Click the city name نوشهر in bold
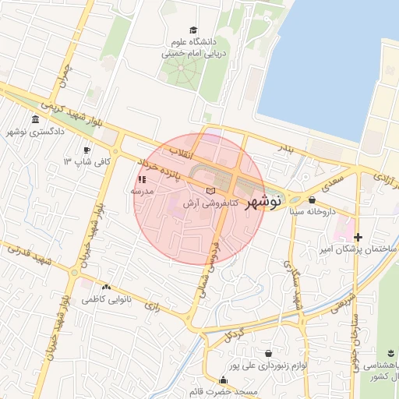pyautogui.click(x=263, y=203)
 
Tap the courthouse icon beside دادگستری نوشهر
pyautogui.click(x=36, y=119)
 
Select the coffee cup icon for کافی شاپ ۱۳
pyautogui.click(x=87, y=150)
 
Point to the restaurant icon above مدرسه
pyautogui.click(x=142, y=178)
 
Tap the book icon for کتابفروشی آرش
pyautogui.click(x=209, y=191)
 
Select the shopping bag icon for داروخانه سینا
pyautogui.click(x=312, y=199)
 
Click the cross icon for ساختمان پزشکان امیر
pyautogui.click(x=358, y=237)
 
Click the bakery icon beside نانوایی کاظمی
pyautogui.click(x=106, y=287)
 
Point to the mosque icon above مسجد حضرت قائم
pyautogui.click(x=224, y=380)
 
